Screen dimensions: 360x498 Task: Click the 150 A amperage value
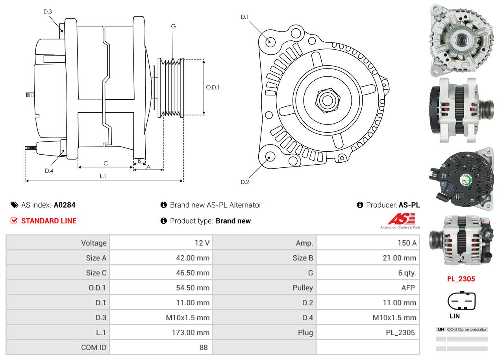pos(407,243)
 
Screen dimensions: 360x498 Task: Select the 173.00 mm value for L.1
pos(193,332)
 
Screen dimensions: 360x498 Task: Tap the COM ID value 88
pos(203,347)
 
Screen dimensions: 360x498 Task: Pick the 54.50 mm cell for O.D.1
pos(193,288)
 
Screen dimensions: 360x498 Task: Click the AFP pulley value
pos(408,288)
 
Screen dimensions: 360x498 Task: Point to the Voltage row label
pos(94,243)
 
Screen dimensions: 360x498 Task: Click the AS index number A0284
pos(65,205)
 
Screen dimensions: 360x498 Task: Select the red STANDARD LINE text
pos(48,221)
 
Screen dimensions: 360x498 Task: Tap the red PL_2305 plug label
pos(461,279)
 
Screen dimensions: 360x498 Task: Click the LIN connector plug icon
pos(461,301)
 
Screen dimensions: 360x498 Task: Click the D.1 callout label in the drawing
pos(245,17)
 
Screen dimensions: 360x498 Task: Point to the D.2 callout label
pos(245,182)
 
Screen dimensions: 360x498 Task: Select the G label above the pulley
pos(173,26)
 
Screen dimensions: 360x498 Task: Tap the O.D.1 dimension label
pos(213,87)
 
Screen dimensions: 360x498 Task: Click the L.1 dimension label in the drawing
pos(103,176)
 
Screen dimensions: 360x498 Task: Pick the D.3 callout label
pos(48,11)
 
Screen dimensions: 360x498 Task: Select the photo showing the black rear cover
pos(461,180)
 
